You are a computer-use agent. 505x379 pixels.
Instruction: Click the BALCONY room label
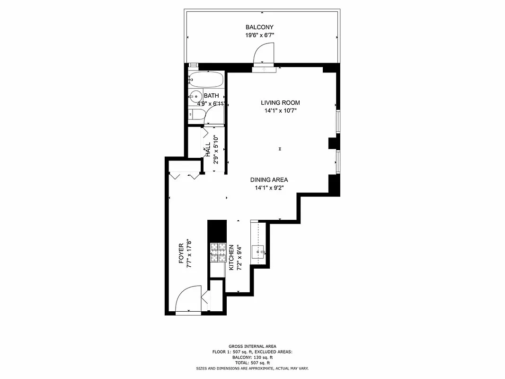(259, 27)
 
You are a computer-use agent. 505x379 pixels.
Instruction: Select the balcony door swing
(264, 52)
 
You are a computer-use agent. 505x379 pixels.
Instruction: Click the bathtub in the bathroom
(206, 79)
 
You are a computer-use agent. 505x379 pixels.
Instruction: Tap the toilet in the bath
(196, 114)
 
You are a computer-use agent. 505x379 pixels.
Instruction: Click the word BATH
(212, 96)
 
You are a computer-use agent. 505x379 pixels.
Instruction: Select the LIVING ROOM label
(280, 103)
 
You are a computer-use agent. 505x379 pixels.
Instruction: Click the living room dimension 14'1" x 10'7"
(280, 111)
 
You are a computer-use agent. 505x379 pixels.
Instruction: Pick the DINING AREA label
(269, 180)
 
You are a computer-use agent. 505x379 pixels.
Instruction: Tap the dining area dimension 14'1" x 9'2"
(269, 188)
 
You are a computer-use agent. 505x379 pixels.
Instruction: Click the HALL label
(208, 150)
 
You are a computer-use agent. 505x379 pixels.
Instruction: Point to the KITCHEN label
(231, 258)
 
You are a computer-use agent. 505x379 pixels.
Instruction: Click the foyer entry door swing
(187, 299)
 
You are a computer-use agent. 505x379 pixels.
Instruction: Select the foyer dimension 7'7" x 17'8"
(188, 254)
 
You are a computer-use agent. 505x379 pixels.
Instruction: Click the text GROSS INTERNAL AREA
(252, 346)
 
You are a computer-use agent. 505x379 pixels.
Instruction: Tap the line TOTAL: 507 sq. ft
(252, 362)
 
